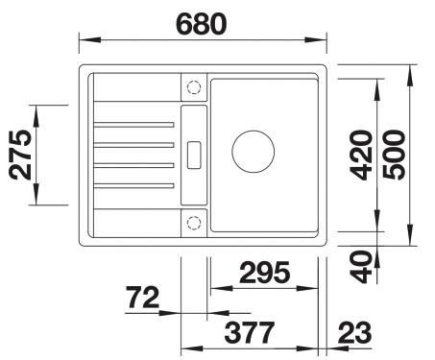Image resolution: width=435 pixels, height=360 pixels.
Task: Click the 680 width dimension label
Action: [x=202, y=24]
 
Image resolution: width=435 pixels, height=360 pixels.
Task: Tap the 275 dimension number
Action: [x=20, y=155]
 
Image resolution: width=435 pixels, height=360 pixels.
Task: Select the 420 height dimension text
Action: [x=361, y=155]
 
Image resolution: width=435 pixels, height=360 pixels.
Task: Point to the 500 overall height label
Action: [x=394, y=155]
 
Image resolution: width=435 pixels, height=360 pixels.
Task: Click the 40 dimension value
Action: [x=361, y=267]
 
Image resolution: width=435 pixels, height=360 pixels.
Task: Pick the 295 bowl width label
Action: [x=264, y=273]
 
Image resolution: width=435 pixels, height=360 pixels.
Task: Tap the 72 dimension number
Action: [x=142, y=298]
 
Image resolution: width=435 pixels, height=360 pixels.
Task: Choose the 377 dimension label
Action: [x=250, y=333]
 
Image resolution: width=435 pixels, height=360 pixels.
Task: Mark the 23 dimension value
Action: [x=354, y=333]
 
